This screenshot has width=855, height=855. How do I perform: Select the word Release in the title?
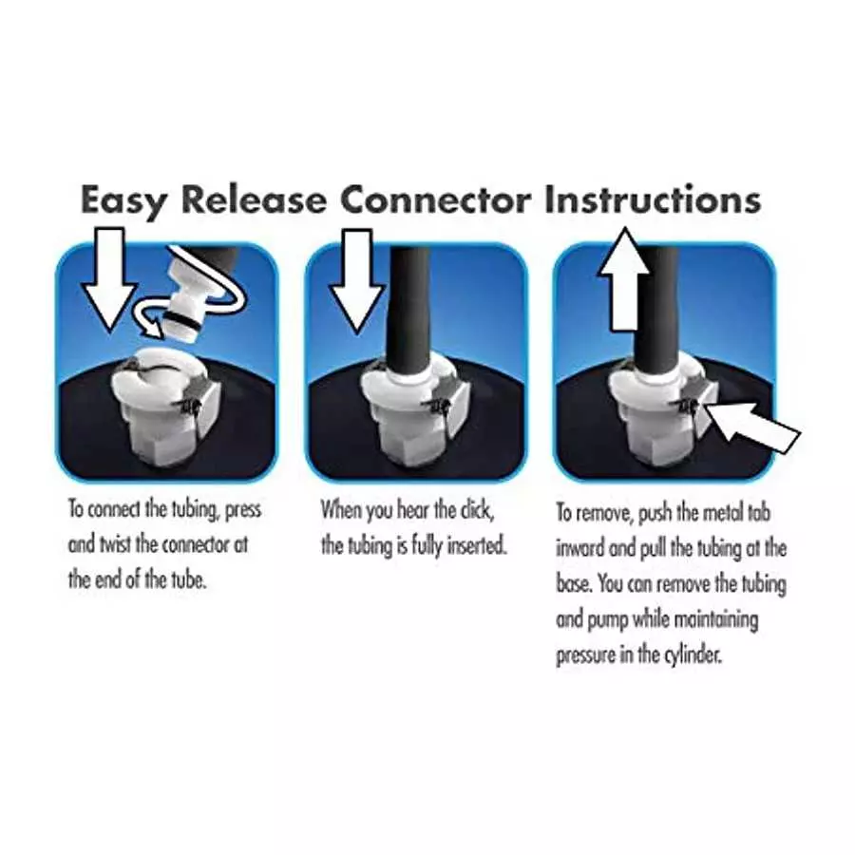(254, 199)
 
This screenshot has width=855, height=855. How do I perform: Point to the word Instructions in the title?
(653, 199)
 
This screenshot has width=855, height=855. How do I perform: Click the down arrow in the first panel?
(111, 279)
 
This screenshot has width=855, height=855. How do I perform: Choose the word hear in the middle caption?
(412, 510)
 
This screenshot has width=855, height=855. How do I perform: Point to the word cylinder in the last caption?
(693, 655)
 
